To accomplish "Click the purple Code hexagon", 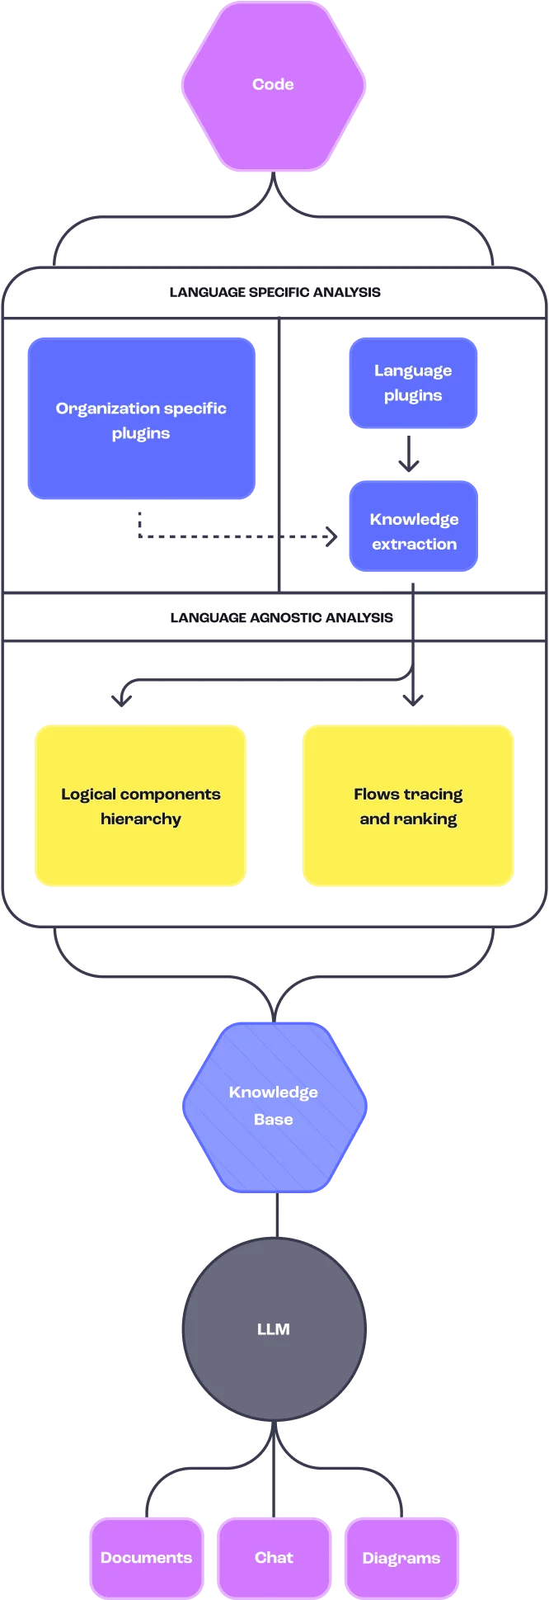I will pyautogui.click(x=273, y=86).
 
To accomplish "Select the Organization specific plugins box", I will pyautogui.click(x=141, y=418).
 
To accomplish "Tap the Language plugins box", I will pyautogui.click(x=412, y=383).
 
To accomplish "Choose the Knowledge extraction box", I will pyautogui.click(x=413, y=528).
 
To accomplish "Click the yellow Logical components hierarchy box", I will pyautogui.click(x=141, y=805).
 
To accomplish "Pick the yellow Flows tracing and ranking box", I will pyautogui.click(x=408, y=805).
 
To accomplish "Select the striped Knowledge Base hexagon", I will pyautogui.click(x=274, y=1106).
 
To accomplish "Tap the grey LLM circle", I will pyautogui.click(x=274, y=1329).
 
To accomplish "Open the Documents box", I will pyautogui.click(x=146, y=1557).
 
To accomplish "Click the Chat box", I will pyautogui.click(x=274, y=1557).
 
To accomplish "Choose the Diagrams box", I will pyautogui.click(x=401, y=1557).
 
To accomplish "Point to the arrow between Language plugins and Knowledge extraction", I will pyautogui.click(x=409, y=455).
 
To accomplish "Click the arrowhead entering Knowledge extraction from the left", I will pyautogui.click(x=332, y=538).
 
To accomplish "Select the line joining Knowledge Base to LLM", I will pyautogui.click(x=276, y=1215).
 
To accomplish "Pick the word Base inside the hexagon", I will pyautogui.click(x=274, y=1119).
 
